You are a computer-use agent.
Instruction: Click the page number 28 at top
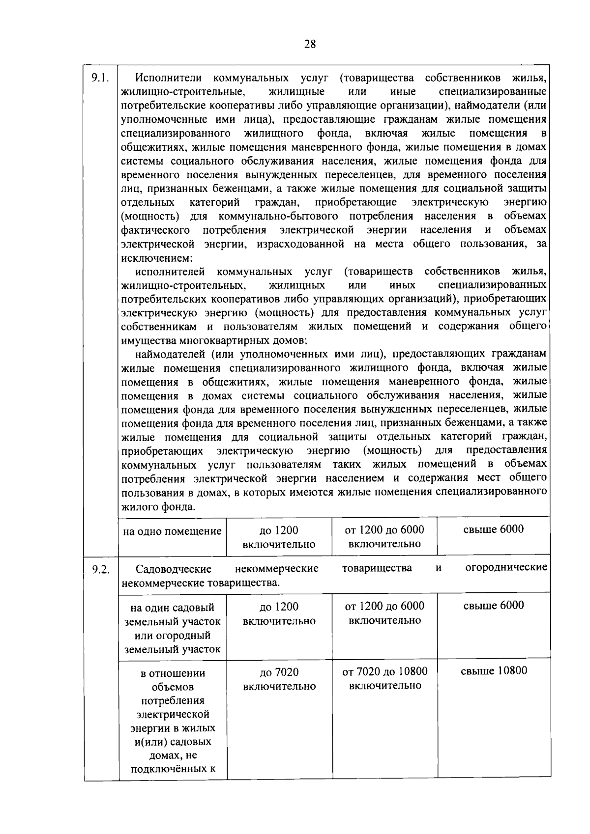click(310, 44)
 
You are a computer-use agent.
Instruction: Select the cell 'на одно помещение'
click(172, 531)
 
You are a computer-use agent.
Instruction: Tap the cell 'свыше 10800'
click(494, 671)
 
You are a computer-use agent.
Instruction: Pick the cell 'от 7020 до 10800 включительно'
click(384, 678)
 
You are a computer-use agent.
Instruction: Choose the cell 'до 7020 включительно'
click(279, 679)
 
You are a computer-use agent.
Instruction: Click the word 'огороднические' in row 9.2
click(506, 568)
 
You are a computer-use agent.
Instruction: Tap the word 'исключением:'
click(156, 258)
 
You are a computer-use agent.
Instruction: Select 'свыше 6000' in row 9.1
click(493, 529)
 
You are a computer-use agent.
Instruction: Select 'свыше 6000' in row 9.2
click(493, 606)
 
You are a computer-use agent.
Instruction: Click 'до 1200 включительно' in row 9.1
click(279, 537)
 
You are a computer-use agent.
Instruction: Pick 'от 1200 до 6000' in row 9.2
click(384, 606)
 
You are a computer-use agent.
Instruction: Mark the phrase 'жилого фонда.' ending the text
click(158, 507)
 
